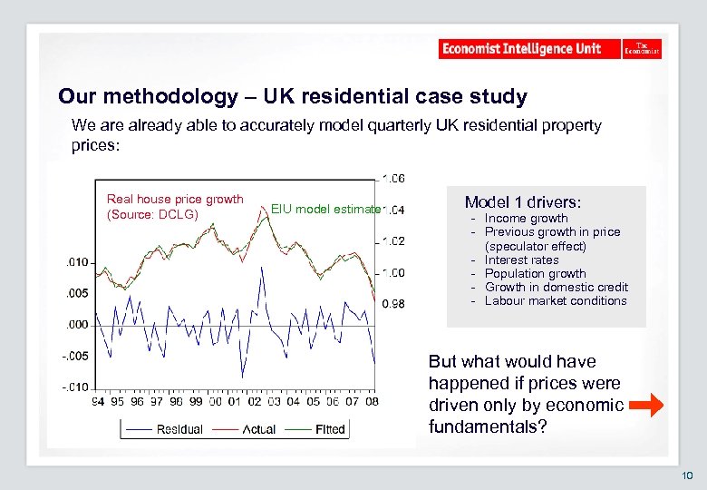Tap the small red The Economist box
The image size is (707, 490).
pos(642,49)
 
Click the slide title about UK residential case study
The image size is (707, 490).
pos(292,96)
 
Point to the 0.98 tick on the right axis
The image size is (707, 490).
pos(392,304)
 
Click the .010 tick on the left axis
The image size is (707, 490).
pos(76,262)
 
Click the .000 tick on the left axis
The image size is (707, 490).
pos(76,324)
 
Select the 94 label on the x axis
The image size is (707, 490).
pos(97,402)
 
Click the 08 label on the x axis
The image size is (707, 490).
pos(372,402)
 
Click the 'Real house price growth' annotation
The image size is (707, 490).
pos(175,200)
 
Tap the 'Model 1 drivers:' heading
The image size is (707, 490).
pos(523,201)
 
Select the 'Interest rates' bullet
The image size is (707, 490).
pos(521,260)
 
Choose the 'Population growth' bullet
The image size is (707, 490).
pos(535,273)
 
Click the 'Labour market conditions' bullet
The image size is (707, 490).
pos(556,300)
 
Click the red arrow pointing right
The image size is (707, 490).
pos(645,406)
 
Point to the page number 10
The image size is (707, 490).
pos(687,475)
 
